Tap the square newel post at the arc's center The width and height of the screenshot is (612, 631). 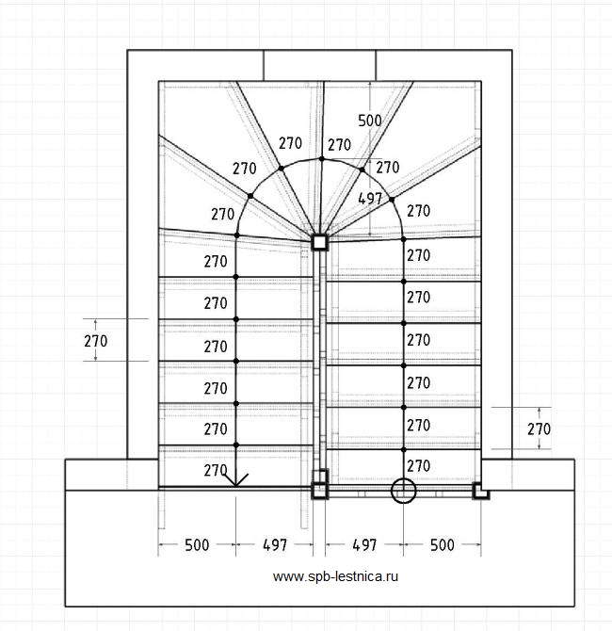click(319, 242)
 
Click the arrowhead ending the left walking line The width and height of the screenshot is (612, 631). click(236, 479)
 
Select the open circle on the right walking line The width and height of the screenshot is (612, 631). click(403, 490)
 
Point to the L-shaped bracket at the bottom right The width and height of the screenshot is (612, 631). click(480, 491)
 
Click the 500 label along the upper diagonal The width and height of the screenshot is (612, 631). click(370, 120)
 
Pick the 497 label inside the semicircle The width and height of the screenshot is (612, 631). click(371, 198)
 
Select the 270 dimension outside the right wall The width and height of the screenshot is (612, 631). click(538, 429)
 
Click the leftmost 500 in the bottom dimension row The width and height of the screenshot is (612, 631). click(196, 545)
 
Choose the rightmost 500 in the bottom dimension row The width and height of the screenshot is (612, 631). click(441, 545)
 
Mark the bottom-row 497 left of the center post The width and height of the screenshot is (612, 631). click(274, 545)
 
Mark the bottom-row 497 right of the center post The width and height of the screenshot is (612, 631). click(363, 545)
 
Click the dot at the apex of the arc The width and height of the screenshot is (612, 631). click(321, 159)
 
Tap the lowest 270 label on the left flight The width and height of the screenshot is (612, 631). click(216, 469)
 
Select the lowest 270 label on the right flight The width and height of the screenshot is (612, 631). click(418, 465)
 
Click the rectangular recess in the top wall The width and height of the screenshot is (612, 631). click(319, 65)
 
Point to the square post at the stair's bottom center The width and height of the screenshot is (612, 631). click(319, 490)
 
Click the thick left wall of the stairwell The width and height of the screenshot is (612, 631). click(142, 254)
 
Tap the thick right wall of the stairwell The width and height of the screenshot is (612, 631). click(496, 254)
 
